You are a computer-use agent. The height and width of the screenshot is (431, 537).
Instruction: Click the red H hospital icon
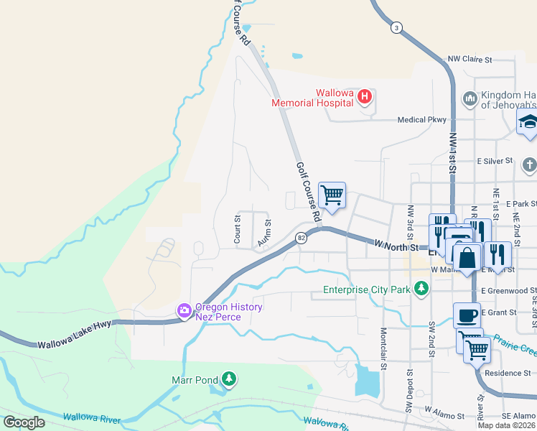tap(365, 96)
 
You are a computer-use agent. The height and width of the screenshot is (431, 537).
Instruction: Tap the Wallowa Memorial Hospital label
tap(313, 97)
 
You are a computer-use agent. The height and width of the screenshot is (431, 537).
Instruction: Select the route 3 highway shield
tap(396, 28)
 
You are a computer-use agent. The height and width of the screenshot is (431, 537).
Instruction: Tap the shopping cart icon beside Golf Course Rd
tap(332, 195)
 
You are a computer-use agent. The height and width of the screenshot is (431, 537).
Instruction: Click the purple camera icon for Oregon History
tap(185, 310)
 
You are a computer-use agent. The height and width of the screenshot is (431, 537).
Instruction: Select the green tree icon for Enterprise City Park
tap(421, 289)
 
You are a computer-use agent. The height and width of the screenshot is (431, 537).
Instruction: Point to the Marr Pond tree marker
tap(228, 378)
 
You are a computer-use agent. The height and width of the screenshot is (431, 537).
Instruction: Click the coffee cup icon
tap(466, 315)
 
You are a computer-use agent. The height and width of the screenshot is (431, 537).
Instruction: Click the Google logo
tap(24, 422)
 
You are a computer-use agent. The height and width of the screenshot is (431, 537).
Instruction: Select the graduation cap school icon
tap(528, 121)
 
